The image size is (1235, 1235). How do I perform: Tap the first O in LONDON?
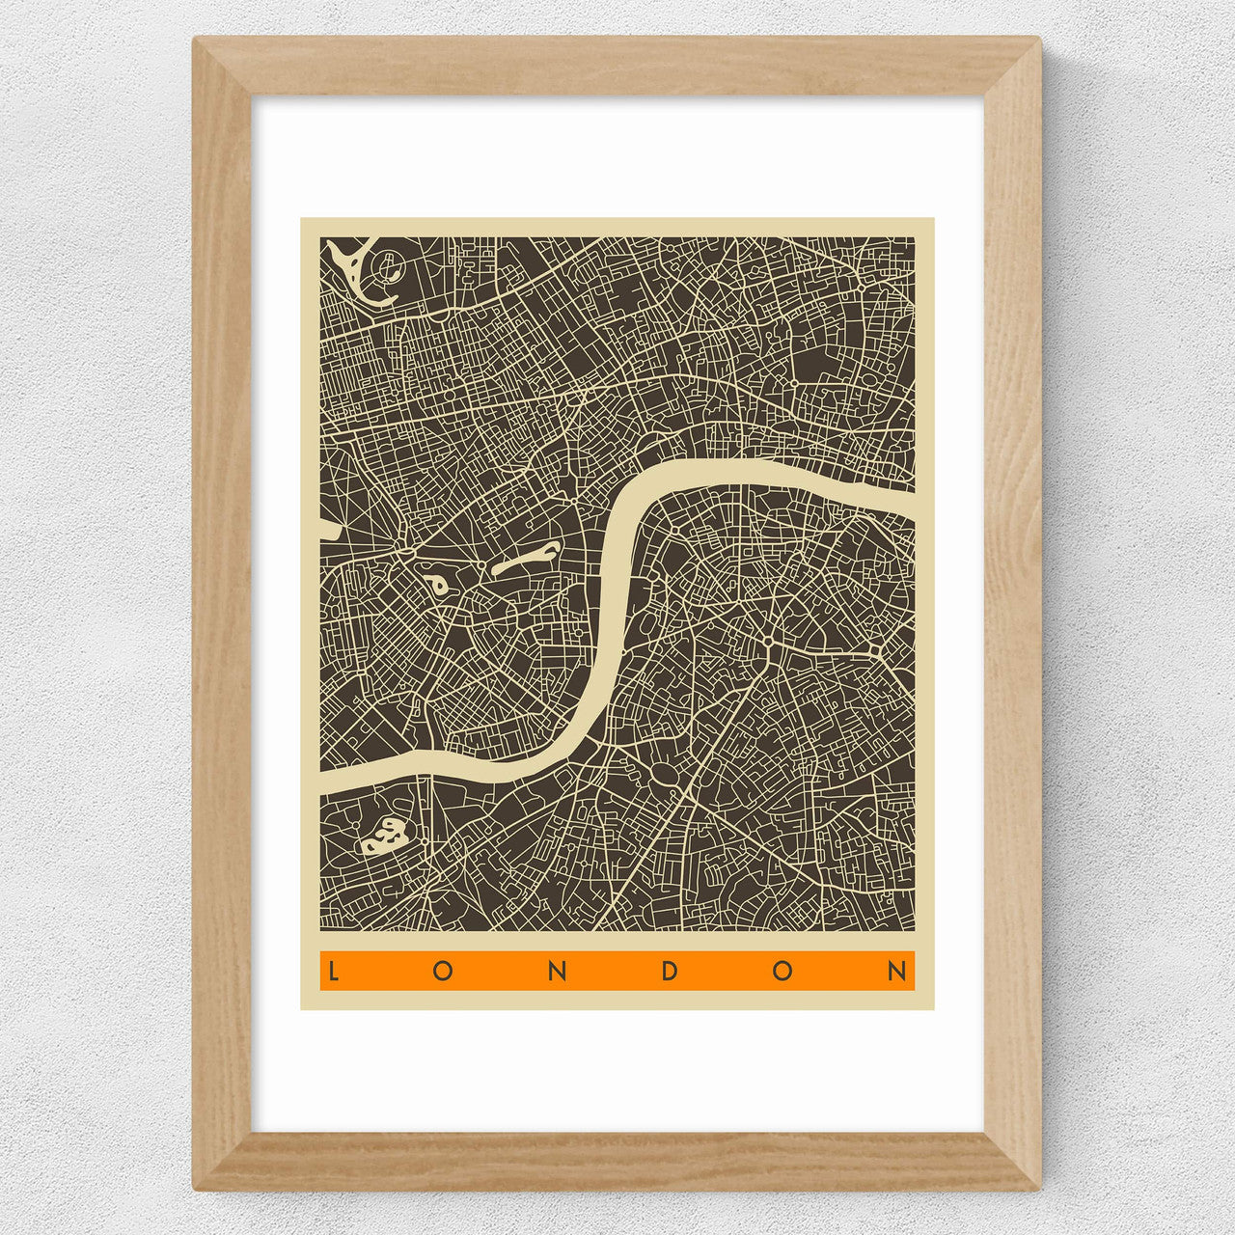[443, 971]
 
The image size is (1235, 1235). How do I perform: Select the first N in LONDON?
[557, 971]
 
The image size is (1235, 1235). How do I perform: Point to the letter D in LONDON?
[670, 971]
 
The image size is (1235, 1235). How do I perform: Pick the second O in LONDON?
[782, 971]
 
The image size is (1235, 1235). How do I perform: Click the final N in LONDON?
[897, 971]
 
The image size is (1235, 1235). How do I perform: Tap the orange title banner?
[617, 971]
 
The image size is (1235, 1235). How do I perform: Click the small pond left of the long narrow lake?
[434, 584]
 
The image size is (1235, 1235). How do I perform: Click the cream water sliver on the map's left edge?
[326, 528]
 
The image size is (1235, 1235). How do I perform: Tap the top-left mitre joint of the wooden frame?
[223, 67]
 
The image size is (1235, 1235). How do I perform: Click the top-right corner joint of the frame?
[1012, 67]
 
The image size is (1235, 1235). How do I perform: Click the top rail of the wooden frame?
[617, 66]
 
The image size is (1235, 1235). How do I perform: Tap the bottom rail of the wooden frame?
[617, 1162]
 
